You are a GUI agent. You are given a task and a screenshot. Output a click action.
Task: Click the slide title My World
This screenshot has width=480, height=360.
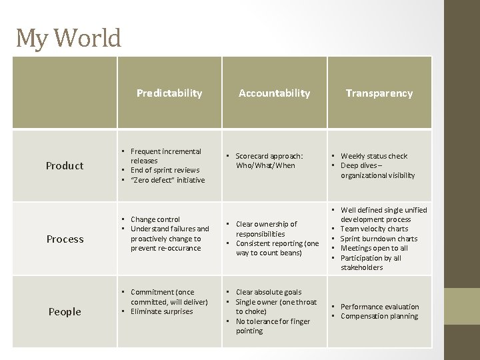click(69, 38)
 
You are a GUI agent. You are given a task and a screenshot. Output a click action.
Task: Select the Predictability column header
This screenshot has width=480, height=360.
click(169, 93)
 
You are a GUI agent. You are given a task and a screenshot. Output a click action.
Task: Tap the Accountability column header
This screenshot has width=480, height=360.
click(275, 93)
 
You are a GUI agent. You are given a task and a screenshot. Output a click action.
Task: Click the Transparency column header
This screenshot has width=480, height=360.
click(379, 93)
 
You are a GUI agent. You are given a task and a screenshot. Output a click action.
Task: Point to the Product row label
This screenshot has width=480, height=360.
click(65, 166)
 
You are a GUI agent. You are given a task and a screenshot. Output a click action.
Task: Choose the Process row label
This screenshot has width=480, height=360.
click(65, 239)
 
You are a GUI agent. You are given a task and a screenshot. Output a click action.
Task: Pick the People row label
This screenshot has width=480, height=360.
click(65, 312)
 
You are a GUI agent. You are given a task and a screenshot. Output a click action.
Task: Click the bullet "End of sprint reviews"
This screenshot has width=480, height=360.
click(165, 171)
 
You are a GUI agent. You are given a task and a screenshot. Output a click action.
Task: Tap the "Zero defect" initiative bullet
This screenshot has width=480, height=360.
click(167, 180)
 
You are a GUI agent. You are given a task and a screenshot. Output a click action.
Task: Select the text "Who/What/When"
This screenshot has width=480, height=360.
click(265, 166)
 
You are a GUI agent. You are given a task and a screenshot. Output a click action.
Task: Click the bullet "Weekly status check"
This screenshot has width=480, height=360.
click(373, 156)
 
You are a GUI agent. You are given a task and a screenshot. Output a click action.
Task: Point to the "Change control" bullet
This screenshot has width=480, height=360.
click(155, 219)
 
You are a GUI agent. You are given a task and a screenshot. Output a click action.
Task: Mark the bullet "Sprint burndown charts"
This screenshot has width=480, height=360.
click(379, 239)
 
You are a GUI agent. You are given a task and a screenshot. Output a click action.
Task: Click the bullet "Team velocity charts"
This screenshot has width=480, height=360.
click(374, 229)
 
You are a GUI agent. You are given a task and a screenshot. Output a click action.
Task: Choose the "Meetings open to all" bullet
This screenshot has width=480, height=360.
click(374, 248)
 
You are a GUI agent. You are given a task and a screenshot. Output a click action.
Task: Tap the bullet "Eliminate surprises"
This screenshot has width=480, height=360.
click(161, 311)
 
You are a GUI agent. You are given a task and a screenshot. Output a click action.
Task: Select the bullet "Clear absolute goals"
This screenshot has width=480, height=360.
click(269, 292)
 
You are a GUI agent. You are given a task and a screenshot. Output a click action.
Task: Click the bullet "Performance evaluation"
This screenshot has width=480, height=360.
click(379, 307)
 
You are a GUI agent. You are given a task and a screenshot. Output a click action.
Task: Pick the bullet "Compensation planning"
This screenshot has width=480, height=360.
click(379, 316)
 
